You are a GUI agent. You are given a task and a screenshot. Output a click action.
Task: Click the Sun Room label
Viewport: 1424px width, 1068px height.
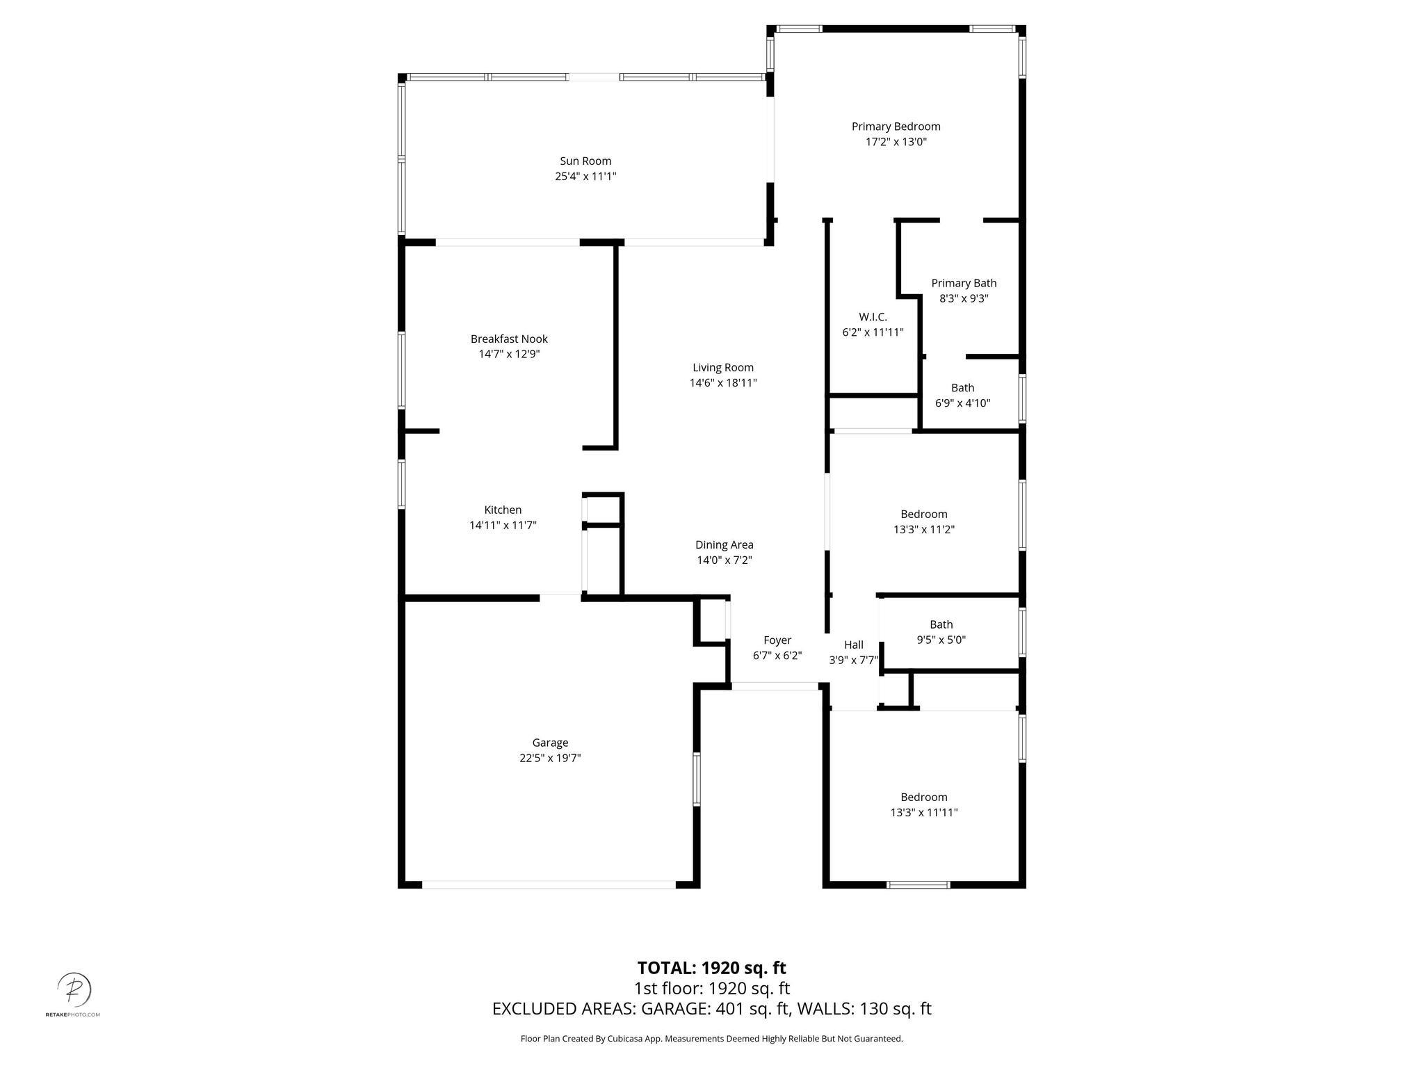tap(585, 161)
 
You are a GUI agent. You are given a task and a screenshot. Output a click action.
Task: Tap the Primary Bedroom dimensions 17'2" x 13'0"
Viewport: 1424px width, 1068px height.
tap(896, 142)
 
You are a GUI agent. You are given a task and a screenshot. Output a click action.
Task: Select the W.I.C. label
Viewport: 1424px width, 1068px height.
tap(873, 317)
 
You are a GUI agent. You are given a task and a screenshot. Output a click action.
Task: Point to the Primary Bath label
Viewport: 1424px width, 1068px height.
tap(964, 283)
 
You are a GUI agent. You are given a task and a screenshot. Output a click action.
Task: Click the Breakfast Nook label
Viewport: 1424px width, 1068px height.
tap(509, 339)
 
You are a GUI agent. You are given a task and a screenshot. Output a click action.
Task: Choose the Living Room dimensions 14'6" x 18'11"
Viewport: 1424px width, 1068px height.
tap(723, 383)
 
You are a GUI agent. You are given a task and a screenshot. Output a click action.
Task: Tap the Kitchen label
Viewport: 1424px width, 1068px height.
tap(503, 510)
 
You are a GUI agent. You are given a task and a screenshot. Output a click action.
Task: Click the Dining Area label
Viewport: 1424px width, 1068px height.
tap(724, 545)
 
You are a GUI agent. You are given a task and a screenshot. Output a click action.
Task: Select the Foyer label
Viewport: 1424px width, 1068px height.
tap(777, 640)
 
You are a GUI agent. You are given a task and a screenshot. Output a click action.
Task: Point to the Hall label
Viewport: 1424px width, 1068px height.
tap(853, 645)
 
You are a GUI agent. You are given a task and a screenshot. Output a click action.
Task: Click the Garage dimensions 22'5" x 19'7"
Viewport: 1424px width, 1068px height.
tap(550, 759)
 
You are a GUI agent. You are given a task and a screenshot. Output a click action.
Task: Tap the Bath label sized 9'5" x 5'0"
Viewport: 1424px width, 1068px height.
tap(941, 625)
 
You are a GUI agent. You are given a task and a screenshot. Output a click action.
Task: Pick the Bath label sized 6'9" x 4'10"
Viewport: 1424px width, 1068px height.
tap(962, 388)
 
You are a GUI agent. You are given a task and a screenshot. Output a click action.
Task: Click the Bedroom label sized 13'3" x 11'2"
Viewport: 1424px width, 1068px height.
tap(923, 515)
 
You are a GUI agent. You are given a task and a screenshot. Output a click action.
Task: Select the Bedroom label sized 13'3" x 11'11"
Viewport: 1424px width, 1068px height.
tap(923, 798)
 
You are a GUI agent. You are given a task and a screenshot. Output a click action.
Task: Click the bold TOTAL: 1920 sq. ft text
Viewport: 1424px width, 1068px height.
tap(711, 968)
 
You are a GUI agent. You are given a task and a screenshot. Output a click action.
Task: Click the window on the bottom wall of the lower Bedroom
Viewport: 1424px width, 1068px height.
tap(918, 885)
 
